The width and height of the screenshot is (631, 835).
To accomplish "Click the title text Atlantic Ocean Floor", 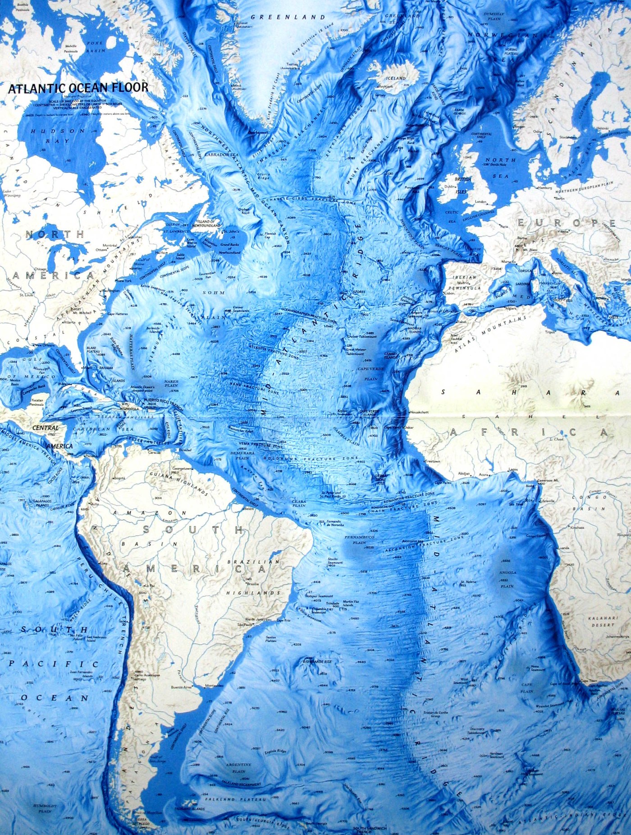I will pyautogui.click(x=78, y=87).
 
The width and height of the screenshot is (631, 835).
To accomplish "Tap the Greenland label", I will pyautogui.click(x=288, y=17).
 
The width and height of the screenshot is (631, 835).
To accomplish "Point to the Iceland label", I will pyautogui.click(x=395, y=78).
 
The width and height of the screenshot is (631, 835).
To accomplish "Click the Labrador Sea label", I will pyautogui.click(x=221, y=154).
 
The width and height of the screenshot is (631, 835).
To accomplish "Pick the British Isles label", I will pyautogui.click(x=463, y=182).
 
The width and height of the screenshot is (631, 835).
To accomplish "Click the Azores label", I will pyautogui.click(x=359, y=291).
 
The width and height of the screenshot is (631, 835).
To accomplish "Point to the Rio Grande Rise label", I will pyautogui.click(x=317, y=662).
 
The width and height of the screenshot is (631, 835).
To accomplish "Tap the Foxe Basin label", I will pyautogui.click(x=95, y=47).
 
